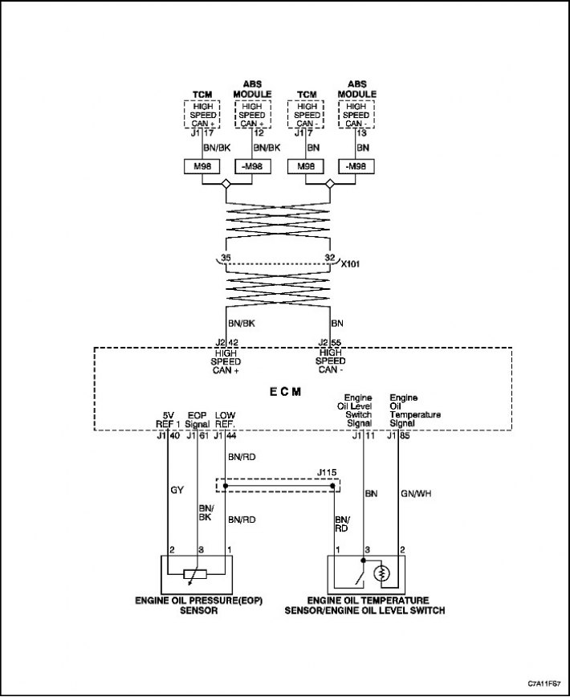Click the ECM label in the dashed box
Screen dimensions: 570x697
click(285, 392)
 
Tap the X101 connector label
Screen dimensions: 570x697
click(350, 264)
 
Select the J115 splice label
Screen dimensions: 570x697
click(327, 472)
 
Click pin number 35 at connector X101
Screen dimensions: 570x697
click(226, 258)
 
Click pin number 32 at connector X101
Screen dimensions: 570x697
click(330, 258)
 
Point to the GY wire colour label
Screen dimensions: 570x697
click(177, 491)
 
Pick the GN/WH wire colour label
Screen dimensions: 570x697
click(416, 494)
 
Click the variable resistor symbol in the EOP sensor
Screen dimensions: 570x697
click(195, 574)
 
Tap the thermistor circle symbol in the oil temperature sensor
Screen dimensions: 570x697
click(381, 575)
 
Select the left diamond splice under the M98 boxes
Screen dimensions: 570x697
click(226, 184)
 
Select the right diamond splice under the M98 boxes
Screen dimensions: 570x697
click(330, 184)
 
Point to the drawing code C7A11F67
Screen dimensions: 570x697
click(544, 683)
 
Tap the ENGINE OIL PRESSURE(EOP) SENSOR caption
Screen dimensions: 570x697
click(199, 605)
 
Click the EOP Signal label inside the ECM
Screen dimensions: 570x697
click(197, 419)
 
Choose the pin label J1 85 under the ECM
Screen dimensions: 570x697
click(398, 436)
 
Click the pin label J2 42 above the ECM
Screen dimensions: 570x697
click(226, 343)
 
